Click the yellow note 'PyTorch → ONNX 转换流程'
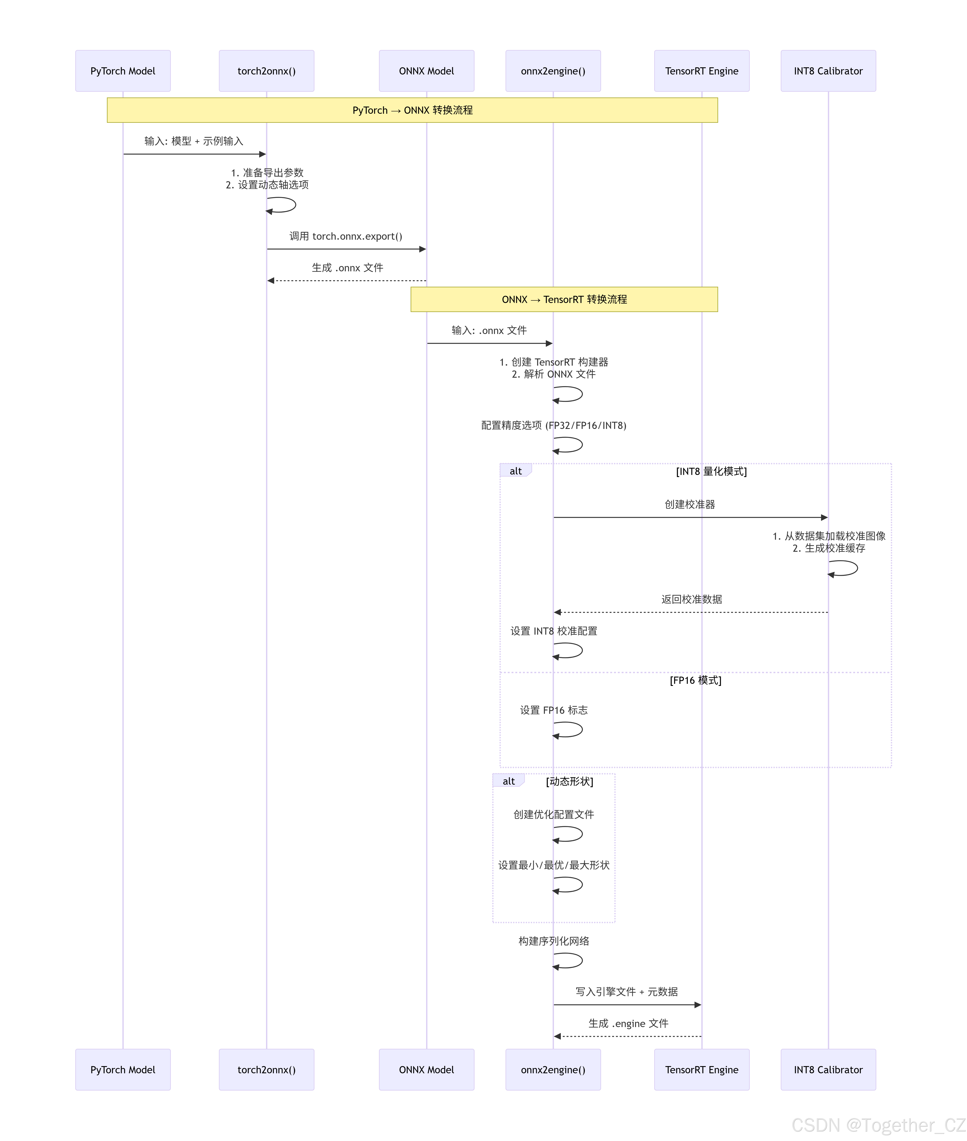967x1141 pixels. point(412,110)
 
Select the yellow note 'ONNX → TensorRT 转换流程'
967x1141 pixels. point(564,299)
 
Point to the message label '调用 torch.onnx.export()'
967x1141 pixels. point(346,236)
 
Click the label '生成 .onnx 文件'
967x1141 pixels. point(348,268)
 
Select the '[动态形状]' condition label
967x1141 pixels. point(570,781)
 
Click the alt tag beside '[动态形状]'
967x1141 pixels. point(509,781)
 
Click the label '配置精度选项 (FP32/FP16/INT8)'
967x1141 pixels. point(554,426)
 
